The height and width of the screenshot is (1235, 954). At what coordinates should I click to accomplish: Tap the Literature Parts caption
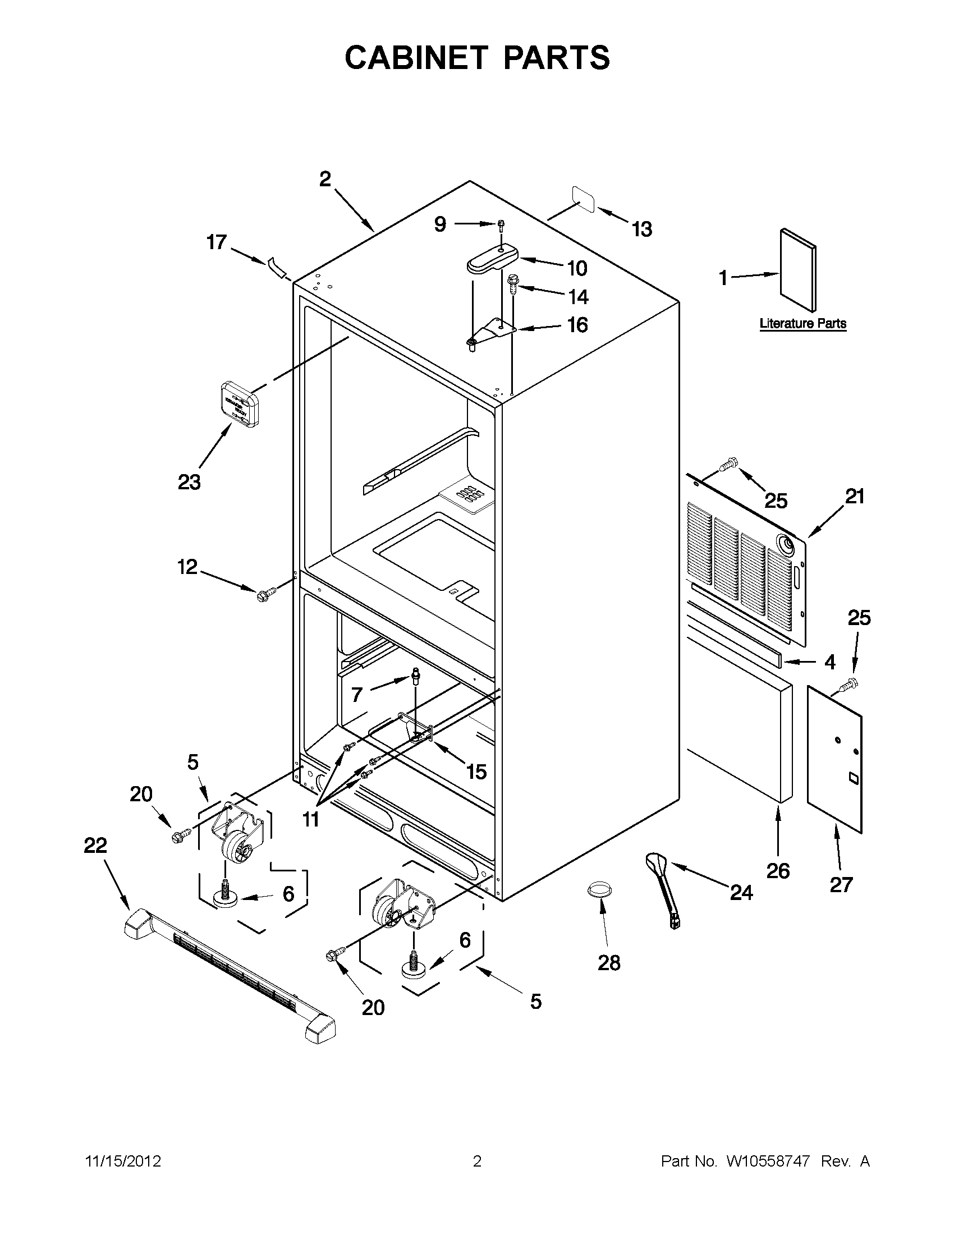click(802, 323)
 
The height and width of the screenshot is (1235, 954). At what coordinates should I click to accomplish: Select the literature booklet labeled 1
click(798, 270)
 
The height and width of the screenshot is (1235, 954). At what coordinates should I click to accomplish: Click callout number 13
click(642, 229)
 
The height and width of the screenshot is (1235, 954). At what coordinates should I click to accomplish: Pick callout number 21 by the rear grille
click(855, 497)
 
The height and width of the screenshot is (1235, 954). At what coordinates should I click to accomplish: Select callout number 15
click(476, 772)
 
